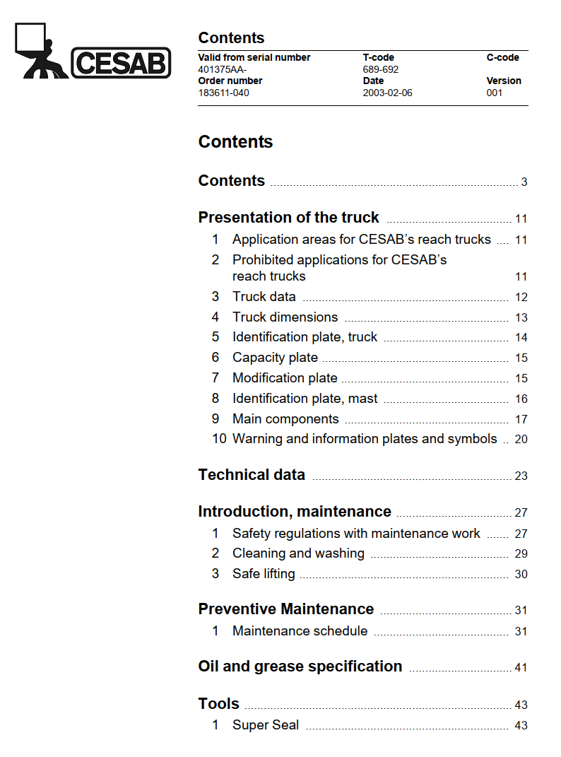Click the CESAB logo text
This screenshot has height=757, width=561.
click(121, 63)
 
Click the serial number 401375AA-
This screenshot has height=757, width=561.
click(223, 69)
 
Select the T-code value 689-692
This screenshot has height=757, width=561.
click(381, 69)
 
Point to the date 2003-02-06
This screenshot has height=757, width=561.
click(387, 93)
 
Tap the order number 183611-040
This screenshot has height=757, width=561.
click(223, 93)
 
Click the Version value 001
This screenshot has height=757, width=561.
click(495, 93)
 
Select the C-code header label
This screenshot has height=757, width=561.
click(502, 57)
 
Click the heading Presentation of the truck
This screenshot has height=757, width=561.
click(288, 217)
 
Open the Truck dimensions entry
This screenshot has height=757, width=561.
click(285, 317)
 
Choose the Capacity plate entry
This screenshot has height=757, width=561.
click(275, 358)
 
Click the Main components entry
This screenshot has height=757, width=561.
click(285, 419)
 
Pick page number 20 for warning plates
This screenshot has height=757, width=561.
click(521, 439)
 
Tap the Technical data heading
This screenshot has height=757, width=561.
click(252, 475)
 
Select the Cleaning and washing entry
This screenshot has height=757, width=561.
click(298, 553)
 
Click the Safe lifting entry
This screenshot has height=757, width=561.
click(264, 574)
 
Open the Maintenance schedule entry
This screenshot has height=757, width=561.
click(300, 630)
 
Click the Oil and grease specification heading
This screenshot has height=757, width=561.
click(300, 667)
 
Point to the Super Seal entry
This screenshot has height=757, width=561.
click(266, 724)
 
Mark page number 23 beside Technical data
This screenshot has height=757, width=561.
click(521, 476)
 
